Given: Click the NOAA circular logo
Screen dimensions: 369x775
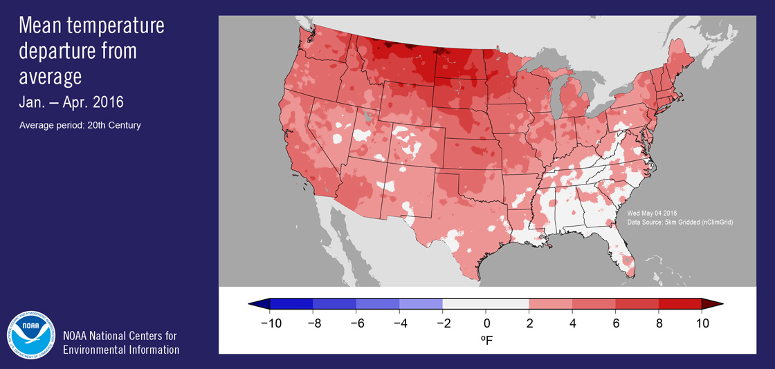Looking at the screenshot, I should (31, 334).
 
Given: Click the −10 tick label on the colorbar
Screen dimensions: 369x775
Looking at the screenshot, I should (269, 323).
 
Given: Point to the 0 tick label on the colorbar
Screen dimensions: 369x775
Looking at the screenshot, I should (486, 323).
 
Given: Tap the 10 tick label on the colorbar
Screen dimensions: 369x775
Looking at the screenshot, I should (702, 323).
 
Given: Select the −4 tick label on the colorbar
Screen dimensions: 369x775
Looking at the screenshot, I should (399, 323).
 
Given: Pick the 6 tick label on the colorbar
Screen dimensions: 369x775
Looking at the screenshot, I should (616, 323).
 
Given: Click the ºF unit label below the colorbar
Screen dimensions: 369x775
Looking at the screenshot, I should (486, 340).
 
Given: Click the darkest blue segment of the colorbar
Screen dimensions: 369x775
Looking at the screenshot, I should (291, 303).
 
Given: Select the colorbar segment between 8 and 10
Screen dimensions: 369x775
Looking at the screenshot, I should (680, 303).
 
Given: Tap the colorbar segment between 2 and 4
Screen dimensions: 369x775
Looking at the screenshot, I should (551, 303).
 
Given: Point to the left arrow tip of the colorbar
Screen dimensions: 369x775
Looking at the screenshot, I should (250, 303).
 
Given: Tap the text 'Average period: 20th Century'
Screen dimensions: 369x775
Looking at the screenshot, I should (80, 125).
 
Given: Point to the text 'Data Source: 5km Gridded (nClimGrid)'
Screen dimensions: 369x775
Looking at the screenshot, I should (680, 222).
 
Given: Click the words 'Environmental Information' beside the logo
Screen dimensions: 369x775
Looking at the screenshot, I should (121, 350).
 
